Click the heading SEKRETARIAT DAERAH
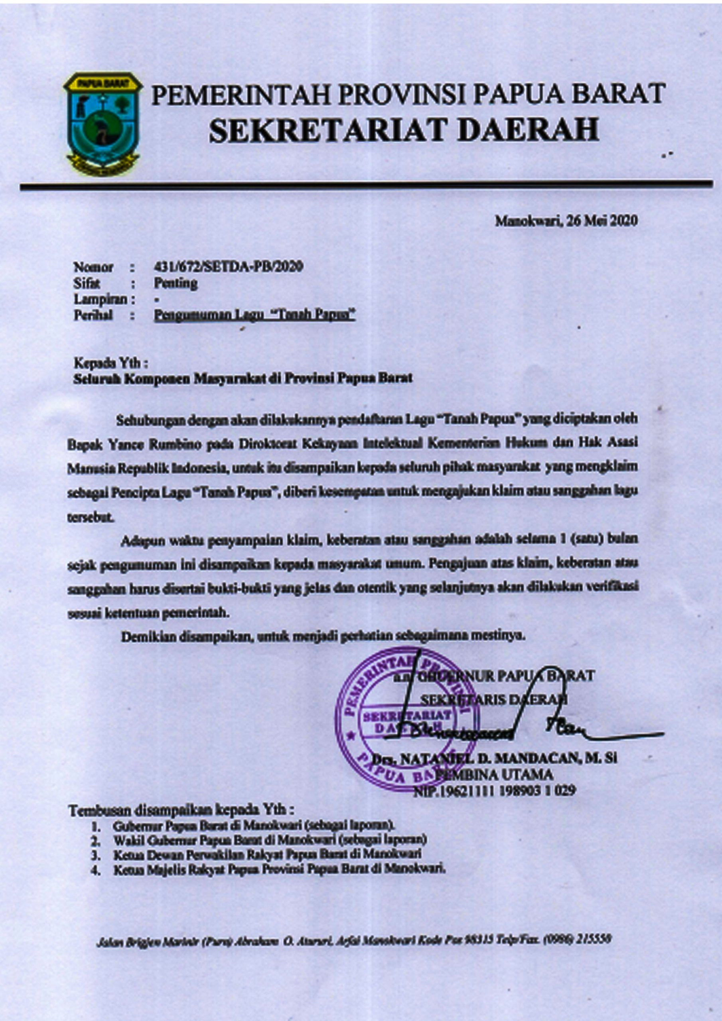point(404,131)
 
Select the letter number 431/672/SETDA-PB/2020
point(228,267)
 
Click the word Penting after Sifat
point(175,283)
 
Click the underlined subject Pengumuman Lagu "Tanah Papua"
point(254,315)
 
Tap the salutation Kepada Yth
point(111,363)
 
